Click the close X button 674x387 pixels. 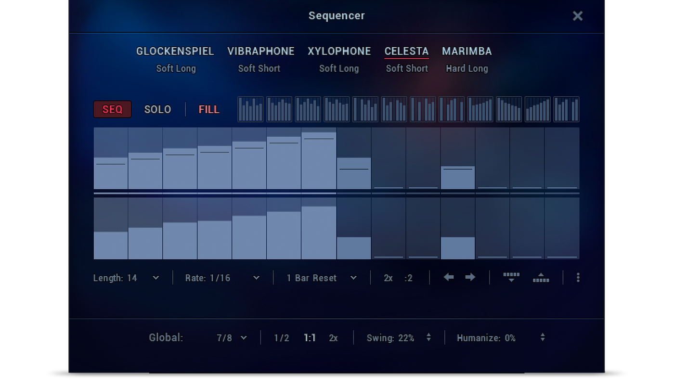(577, 16)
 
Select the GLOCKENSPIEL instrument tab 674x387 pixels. (175, 51)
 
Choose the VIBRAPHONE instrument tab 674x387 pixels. (261, 51)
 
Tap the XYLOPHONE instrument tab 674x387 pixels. (339, 51)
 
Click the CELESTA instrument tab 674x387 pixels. (406, 51)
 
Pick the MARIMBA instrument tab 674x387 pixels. (467, 51)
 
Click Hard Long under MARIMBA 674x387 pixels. (467, 69)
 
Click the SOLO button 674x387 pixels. (158, 109)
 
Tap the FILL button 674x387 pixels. (209, 109)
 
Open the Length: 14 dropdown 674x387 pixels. (126, 278)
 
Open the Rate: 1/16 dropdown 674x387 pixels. (222, 278)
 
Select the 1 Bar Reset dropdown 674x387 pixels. (322, 278)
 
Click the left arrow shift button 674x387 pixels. (449, 277)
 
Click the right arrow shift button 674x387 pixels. (470, 277)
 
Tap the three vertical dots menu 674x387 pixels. (578, 277)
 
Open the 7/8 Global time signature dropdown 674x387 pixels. (232, 338)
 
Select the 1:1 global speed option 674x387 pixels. (310, 338)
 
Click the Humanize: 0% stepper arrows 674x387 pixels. (543, 337)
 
